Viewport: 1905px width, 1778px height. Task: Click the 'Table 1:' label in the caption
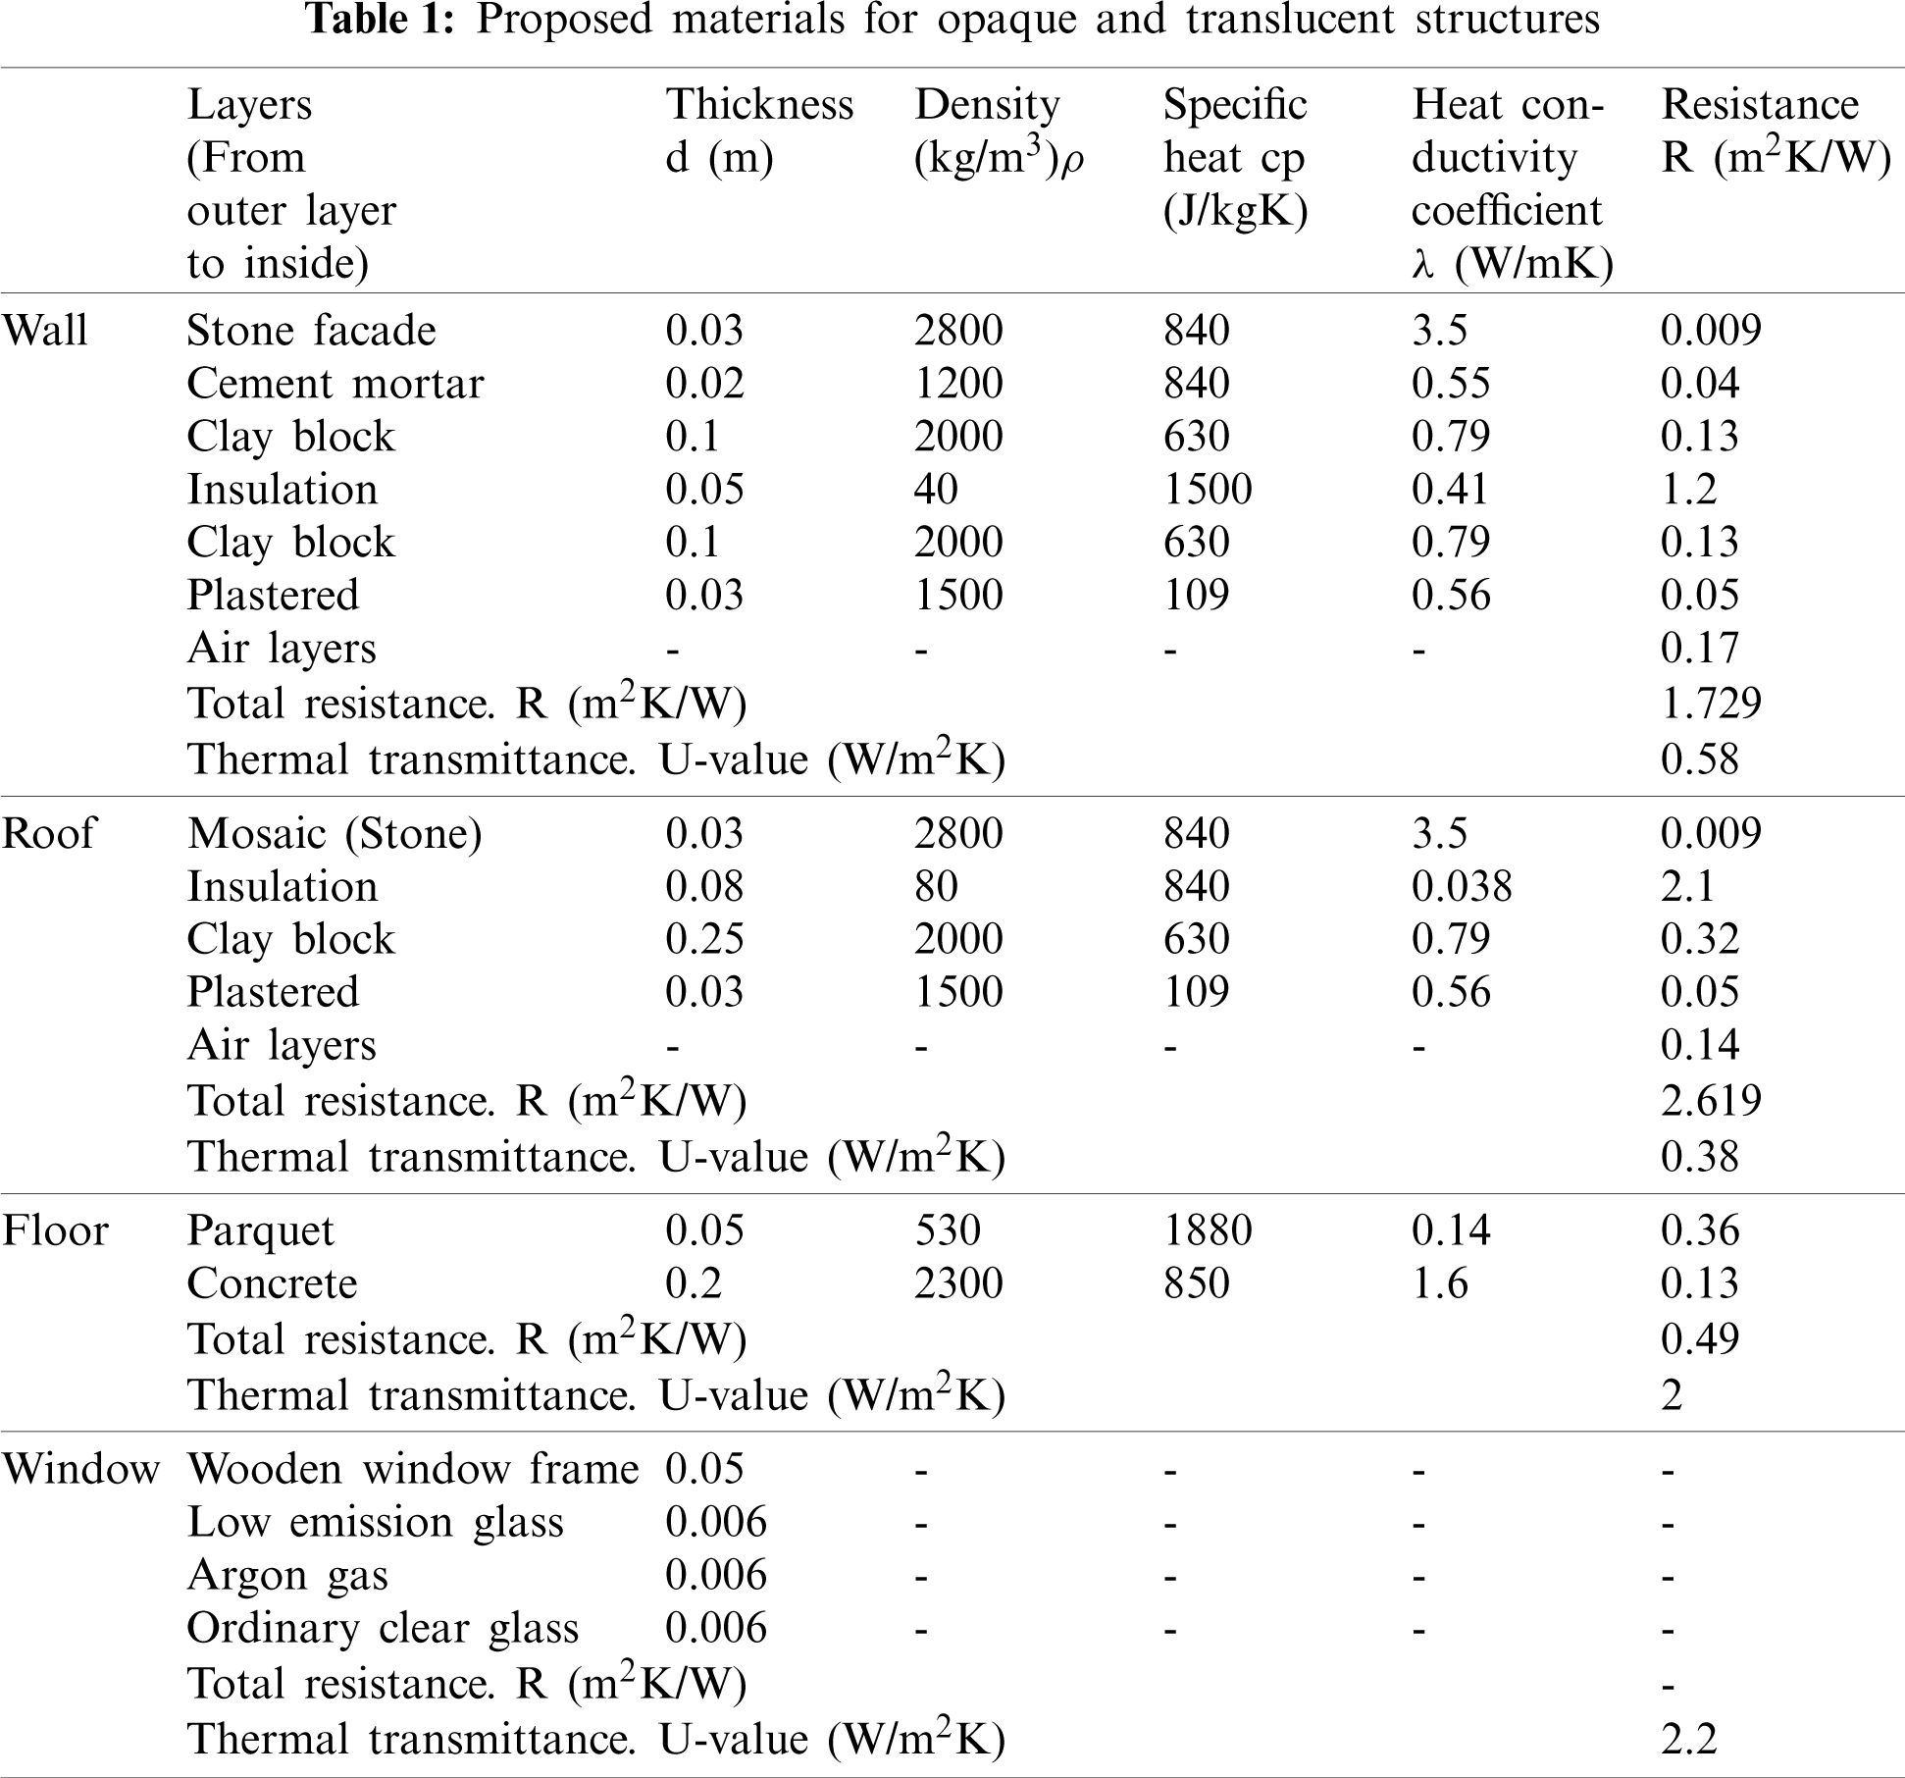click(381, 19)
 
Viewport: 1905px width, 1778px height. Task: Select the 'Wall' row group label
click(44, 330)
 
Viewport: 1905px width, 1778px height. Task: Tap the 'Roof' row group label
click(48, 833)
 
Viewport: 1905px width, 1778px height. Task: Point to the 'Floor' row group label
click(55, 1230)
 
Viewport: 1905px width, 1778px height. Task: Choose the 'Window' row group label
click(80, 1469)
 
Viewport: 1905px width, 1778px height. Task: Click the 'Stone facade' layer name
click(311, 330)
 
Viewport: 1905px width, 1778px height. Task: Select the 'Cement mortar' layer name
click(335, 383)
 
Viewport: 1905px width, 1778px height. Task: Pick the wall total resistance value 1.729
click(1711, 703)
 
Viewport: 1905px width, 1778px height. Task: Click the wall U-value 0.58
click(1699, 759)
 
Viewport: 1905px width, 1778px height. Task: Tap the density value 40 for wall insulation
click(936, 489)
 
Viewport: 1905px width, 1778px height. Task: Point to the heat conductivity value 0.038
click(1462, 886)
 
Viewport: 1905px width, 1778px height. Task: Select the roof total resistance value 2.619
click(1711, 1100)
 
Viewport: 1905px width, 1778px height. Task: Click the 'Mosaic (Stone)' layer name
click(335, 833)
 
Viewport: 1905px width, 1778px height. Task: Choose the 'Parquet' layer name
click(260, 1230)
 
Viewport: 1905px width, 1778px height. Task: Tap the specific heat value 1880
click(1208, 1230)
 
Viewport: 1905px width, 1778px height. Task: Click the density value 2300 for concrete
click(958, 1283)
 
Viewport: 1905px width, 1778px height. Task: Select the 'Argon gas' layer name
click(287, 1575)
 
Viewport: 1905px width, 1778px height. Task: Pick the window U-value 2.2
click(1688, 1739)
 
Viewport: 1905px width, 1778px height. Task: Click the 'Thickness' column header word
click(759, 104)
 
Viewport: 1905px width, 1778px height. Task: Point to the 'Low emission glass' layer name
click(375, 1522)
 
